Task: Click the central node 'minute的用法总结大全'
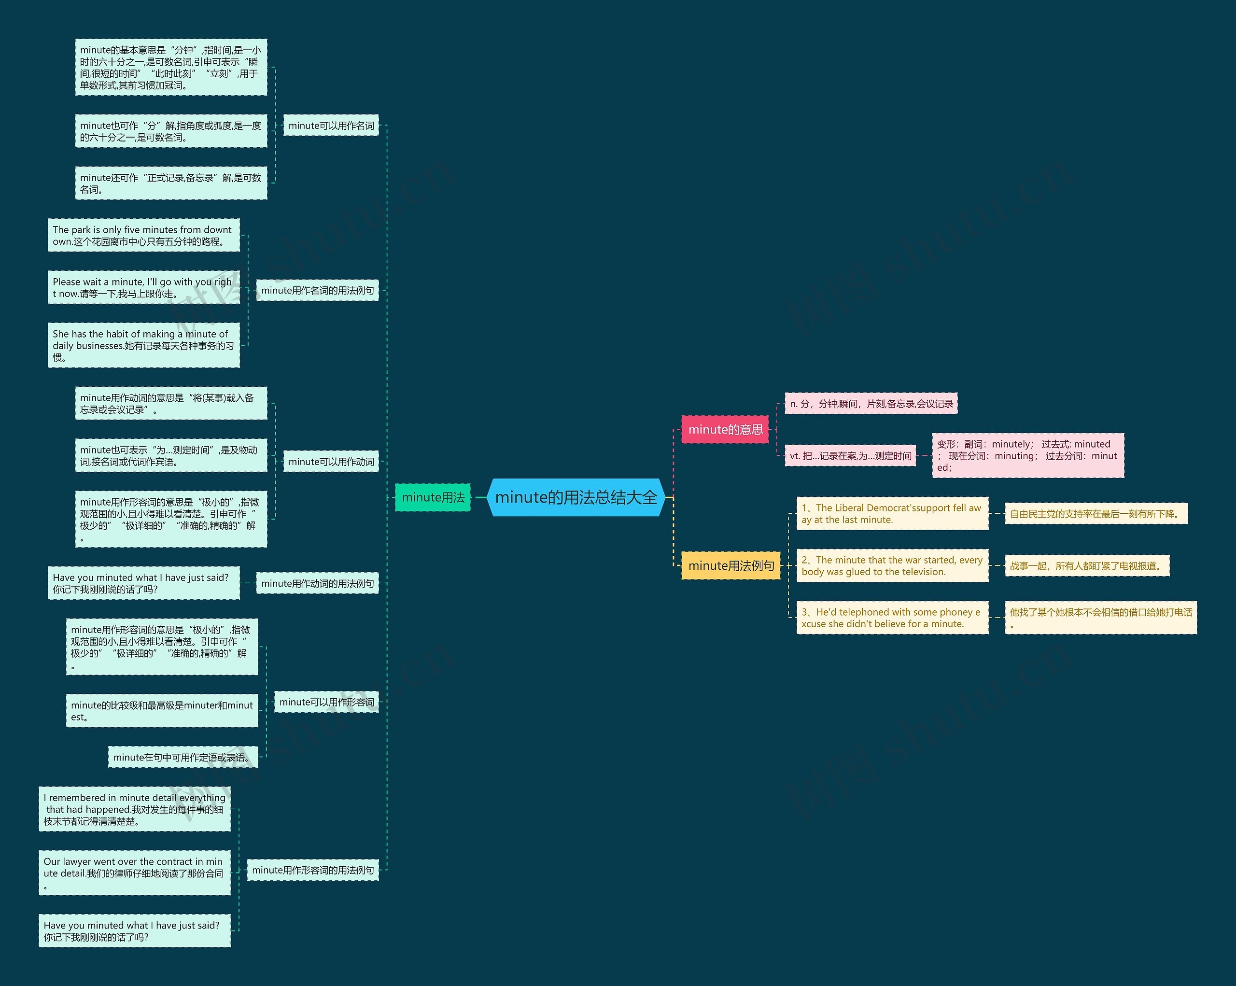point(576,497)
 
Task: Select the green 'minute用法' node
point(433,497)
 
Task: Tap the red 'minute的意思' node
point(725,429)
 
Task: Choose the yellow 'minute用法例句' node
point(730,565)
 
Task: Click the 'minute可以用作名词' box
point(331,126)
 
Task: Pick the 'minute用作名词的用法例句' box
point(317,291)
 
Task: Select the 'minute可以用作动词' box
point(331,462)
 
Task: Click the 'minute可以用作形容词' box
point(326,702)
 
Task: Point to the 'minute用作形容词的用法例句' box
point(312,870)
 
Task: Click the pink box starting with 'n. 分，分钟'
point(871,404)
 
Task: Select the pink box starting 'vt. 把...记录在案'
point(850,456)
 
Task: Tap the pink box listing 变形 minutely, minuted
point(1027,455)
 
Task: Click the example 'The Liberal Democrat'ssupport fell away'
point(892,514)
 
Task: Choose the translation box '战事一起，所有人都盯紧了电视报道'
point(1087,566)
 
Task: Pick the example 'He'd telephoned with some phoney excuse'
point(892,618)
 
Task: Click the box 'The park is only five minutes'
point(143,235)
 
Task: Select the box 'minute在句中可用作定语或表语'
point(183,757)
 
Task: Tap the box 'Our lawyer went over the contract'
point(134,873)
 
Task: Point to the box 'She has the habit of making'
point(143,345)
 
